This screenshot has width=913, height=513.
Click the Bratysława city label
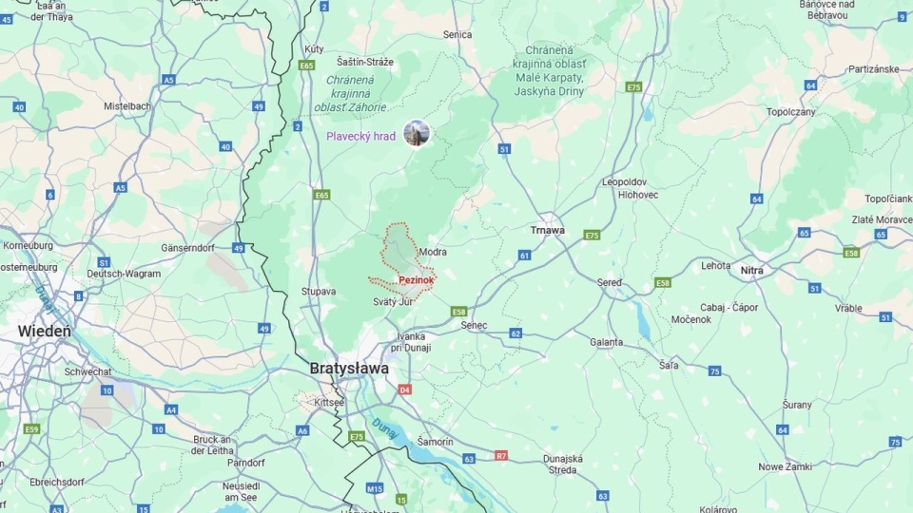[x=349, y=368]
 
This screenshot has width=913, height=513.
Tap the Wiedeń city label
[x=44, y=332]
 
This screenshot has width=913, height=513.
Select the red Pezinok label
[x=417, y=280]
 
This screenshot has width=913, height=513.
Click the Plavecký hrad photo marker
[x=417, y=134]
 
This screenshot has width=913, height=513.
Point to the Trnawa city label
[x=547, y=230]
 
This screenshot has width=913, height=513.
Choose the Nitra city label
[x=751, y=271]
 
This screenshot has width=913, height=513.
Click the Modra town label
[x=432, y=252]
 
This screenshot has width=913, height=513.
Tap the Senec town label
[x=474, y=325]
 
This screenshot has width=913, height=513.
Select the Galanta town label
[x=607, y=342]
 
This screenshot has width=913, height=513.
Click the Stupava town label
[x=319, y=292]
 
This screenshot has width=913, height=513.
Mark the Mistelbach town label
[x=127, y=105]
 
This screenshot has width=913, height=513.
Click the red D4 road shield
[x=404, y=389]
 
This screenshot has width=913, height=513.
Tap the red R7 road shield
[x=501, y=456]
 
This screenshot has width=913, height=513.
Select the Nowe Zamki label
[x=785, y=466]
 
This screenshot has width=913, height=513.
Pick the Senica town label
[x=457, y=35]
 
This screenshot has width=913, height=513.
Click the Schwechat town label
[x=89, y=372]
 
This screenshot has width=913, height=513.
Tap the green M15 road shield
[x=375, y=488]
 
